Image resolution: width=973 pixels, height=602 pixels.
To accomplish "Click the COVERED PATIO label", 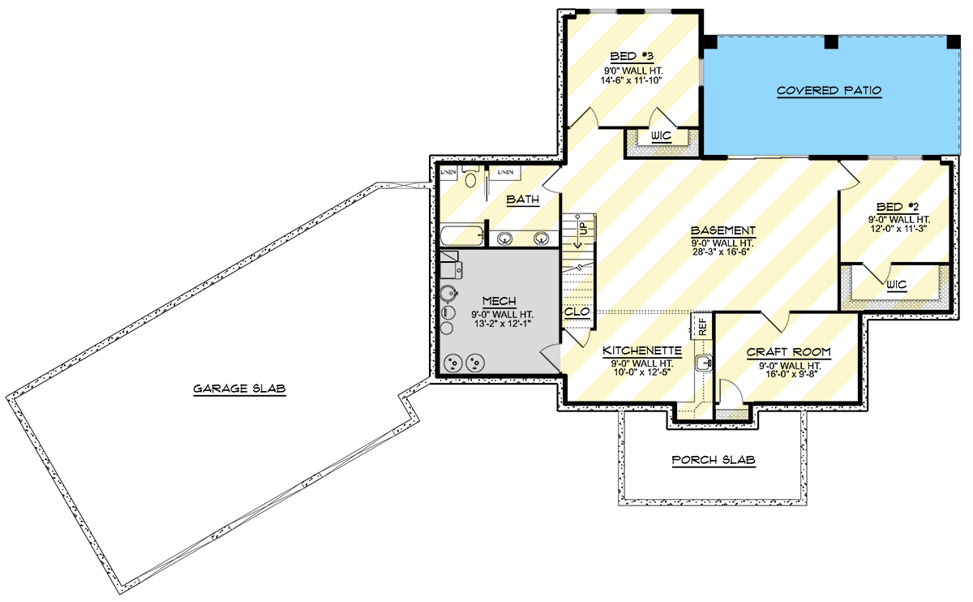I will (829, 91).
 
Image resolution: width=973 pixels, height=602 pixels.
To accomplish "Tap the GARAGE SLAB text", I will (239, 389).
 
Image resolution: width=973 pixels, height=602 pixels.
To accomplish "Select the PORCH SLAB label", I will (714, 460).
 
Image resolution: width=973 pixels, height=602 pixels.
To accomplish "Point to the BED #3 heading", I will (632, 57).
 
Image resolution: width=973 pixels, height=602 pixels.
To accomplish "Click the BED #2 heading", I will (896, 206).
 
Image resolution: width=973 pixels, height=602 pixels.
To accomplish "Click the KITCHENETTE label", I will (641, 351).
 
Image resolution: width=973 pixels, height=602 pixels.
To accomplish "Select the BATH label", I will (523, 200).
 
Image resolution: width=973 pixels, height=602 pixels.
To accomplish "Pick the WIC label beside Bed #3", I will (661, 135).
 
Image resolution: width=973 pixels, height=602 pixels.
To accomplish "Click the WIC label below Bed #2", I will (896, 285).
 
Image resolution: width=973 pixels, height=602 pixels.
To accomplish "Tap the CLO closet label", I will (576, 312).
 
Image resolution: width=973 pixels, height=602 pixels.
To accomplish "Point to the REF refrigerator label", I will (702, 326).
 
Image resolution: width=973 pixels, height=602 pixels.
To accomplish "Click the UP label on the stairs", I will (581, 230).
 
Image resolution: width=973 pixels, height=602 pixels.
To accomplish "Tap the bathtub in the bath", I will (462, 236).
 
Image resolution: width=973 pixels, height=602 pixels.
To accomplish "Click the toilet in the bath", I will (470, 178).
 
